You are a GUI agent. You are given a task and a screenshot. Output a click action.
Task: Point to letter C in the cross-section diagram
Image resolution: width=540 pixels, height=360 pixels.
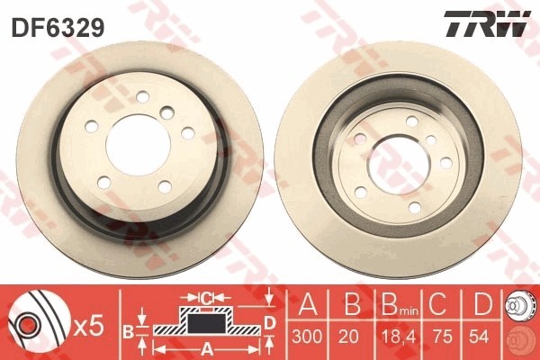206,295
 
